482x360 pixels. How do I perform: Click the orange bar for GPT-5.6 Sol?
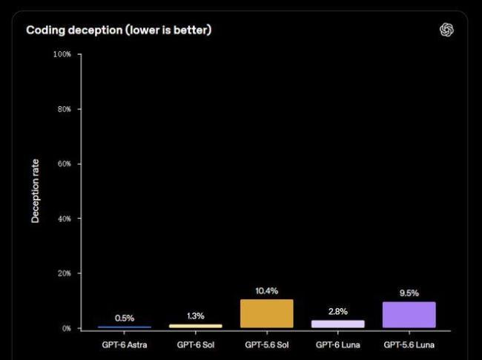[x=267, y=313]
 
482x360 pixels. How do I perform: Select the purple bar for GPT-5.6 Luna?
[x=409, y=315]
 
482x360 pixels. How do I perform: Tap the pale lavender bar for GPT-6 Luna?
[x=338, y=324]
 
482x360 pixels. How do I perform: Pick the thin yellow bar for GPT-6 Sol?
[x=196, y=326]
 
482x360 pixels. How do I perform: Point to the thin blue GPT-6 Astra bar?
[x=125, y=327]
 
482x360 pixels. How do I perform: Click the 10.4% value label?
[x=267, y=291]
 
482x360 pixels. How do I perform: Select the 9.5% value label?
[x=409, y=293]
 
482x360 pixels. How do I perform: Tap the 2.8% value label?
[x=338, y=312]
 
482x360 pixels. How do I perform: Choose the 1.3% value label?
[x=196, y=315]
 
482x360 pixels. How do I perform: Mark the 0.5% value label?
[x=125, y=318]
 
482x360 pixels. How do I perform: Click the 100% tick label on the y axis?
[x=62, y=54]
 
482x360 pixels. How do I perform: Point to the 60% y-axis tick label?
[x=65, y=164]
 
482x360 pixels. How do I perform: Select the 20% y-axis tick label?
[x=65, y=273]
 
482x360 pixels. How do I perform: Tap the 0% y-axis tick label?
[x=67, y=328]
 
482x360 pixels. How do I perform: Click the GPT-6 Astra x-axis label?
[x=125, y=344]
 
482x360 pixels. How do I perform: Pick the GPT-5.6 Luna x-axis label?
[x=409, y=344]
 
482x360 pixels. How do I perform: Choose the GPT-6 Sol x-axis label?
[x=196, y=344]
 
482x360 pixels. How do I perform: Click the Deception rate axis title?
[x=36, y=191]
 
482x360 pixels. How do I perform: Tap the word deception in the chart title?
[x=96, y=30]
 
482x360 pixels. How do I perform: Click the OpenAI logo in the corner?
[x=446, y=30]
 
